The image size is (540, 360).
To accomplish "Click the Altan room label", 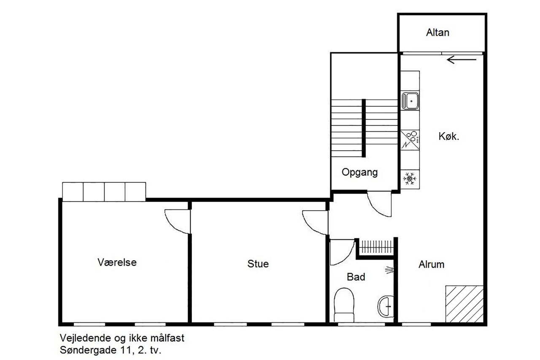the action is point(437,32).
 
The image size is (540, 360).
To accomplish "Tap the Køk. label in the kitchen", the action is point(448,136).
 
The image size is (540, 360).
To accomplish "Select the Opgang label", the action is point(360,173).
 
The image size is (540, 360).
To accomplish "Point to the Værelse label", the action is point(117,263).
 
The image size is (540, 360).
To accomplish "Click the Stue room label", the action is point(258,264).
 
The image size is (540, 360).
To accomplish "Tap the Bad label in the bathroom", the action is point(356,277).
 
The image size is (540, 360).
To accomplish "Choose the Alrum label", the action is point(431,265).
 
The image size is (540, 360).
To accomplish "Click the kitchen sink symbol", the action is point(410,101).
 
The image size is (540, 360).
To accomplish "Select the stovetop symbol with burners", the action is point(410,140).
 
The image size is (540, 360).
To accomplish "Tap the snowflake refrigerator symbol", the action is point(410,179).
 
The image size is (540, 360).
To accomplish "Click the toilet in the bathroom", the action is point(344,305).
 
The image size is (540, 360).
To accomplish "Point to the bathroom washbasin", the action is point(386,307).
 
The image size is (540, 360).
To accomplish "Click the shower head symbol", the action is point(389,270).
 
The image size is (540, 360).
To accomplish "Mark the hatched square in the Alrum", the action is point(464,304).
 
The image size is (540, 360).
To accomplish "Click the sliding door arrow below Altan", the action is point(462,60).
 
